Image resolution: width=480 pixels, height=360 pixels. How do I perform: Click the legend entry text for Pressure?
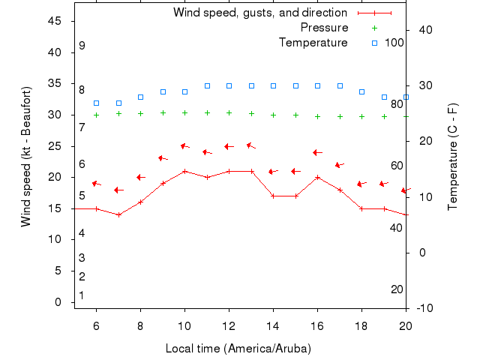click(324, 28)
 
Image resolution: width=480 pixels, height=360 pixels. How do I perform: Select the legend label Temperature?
click(313, 43)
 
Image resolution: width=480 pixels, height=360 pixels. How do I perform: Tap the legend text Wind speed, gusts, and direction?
click(259, 13)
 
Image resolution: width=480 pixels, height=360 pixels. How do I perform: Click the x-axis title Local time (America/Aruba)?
click(238, 349)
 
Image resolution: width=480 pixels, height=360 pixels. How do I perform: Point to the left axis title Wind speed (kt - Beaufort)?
click(26, 156)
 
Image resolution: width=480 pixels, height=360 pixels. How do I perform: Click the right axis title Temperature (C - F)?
click(452, 156)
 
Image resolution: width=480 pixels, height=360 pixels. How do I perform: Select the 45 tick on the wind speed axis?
click(55, 21)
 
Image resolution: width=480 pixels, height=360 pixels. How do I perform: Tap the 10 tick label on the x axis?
click(184, 325)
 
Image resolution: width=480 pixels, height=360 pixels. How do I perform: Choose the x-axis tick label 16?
click(317, 325)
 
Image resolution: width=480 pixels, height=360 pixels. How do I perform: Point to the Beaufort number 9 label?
click(82, 46)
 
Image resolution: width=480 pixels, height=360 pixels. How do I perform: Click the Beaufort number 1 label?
click(81, 295)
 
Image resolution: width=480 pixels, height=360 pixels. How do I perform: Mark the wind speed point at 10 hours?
click(184, 171)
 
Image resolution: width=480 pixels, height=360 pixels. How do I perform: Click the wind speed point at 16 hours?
click(318, 177)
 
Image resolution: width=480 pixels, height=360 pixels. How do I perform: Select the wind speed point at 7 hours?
click(118, 214)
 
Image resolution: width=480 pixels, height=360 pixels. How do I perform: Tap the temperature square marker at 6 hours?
click(96, 103)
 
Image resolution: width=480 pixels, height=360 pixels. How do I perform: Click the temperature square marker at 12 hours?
click(229, 85)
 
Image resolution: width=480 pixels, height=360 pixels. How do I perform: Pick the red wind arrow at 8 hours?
click(140, 177)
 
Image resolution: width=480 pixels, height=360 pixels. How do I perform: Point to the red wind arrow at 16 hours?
click(317, 152)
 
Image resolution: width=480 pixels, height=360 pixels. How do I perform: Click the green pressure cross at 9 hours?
click(163, 113)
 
